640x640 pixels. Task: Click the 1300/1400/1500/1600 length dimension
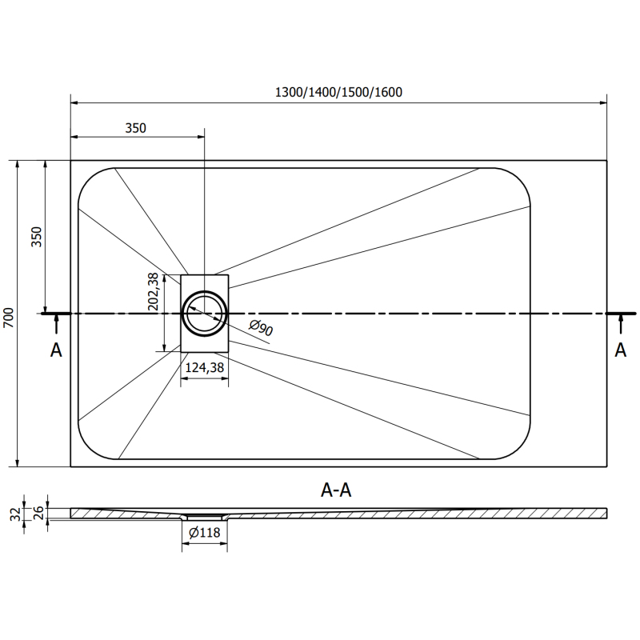pos(338,92)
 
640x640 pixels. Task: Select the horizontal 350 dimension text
pos(136,128)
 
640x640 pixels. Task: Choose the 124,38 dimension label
pos(204,368)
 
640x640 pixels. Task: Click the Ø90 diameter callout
pos(262,328)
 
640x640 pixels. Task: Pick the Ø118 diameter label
pos(205,534)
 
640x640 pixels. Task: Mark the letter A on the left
pos(56,350)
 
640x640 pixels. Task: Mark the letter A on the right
pos(620,350)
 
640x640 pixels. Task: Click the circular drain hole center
pos(205,314)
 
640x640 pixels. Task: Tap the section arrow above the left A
pos(56,322)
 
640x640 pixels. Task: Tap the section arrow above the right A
pos(620,322)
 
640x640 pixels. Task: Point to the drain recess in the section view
pos(205,517)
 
